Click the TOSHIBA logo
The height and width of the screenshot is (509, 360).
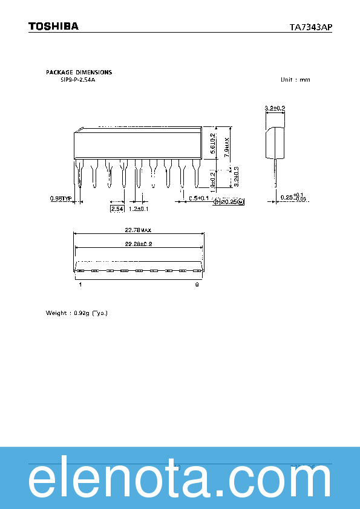tap(53, 27)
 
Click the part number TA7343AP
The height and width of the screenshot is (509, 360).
tap(310, 27)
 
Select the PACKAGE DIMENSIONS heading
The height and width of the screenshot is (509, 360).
tap(79, 73)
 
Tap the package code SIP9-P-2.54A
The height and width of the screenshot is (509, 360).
tap(77, 80)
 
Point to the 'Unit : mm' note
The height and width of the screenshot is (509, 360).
tap(295, 80)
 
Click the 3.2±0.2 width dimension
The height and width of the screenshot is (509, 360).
tap(275, 108)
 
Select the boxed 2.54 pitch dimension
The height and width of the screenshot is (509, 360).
tap(116, 209)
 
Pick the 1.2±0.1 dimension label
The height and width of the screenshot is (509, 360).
tap(139, 209)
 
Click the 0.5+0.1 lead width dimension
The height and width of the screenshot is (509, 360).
tap(198, 198)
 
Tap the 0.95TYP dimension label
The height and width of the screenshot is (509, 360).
tap(61, 198)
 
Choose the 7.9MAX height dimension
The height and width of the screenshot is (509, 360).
tap(227, 147)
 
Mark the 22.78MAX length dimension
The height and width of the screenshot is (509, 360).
tap(138, 230)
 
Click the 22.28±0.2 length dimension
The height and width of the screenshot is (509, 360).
tap(138, 244)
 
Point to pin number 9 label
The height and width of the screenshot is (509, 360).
tap(197, 284)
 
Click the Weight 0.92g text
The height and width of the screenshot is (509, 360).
tap(76, 313)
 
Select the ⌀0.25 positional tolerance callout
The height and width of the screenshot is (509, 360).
tap(229, 202)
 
